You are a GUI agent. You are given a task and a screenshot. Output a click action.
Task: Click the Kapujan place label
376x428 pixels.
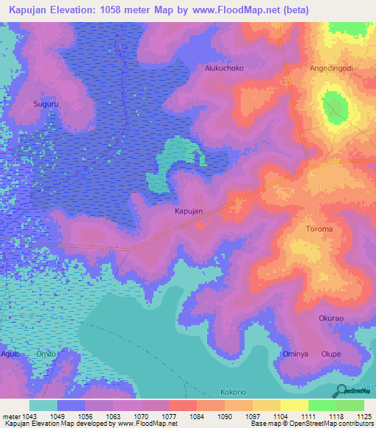(188, 211)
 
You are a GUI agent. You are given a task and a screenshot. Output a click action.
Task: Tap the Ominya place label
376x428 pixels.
(295, 354)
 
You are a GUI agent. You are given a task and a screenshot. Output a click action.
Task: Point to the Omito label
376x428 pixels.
(46, 354)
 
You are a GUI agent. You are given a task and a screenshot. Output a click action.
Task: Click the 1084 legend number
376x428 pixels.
(197, 417)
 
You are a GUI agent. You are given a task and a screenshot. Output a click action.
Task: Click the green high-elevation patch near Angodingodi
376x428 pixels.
(335, 106)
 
